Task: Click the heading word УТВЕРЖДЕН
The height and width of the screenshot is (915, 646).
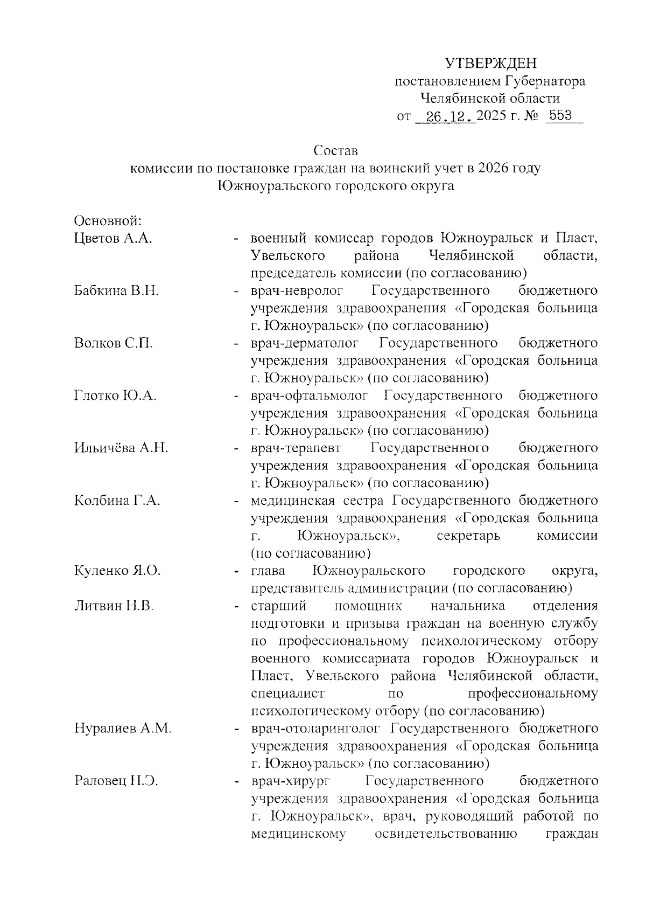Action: click(x=490, y=64)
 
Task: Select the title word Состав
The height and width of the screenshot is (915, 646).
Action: click(x=336, y=150)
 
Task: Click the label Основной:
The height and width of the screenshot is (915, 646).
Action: click(x=108, y=220)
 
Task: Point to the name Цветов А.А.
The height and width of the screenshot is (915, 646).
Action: click(x=113, y=238)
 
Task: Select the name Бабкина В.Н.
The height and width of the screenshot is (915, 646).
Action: click(x=116, y=291)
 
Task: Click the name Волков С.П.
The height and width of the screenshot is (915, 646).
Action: click(x=113, y=343)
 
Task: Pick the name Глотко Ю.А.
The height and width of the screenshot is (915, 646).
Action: click(x=115, y=396)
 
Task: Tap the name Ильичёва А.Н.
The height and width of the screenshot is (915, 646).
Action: click(x=121, y=448)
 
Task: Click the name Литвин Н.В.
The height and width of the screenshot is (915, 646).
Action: click(x=114, y=606)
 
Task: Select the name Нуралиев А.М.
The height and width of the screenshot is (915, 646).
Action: click(x=123, y=729)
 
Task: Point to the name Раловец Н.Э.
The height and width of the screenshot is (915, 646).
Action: click(x=116, y=781)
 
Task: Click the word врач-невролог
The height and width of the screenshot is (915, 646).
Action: click(x=297, y=291)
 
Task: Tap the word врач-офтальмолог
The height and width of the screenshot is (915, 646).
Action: click(x=310, y=396)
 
